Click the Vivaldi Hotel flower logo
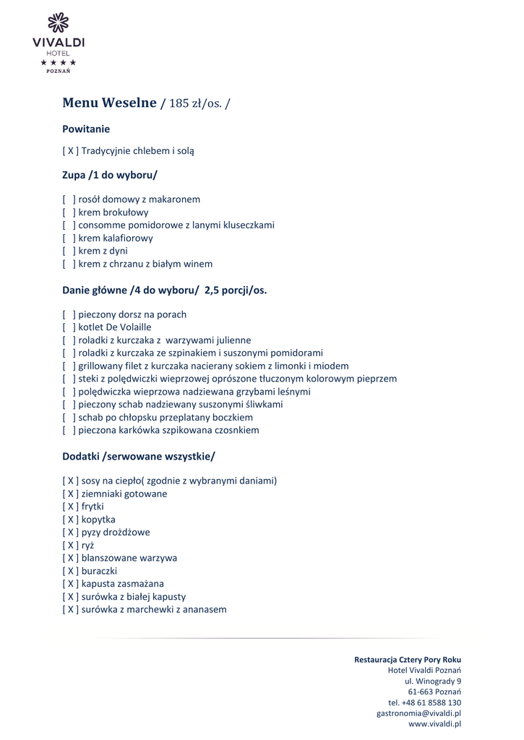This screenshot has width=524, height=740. pos(58,23)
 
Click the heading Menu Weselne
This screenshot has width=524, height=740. pos(109,103)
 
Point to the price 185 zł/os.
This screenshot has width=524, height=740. pos(194,103)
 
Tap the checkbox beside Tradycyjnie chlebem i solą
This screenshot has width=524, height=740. pos(70,151)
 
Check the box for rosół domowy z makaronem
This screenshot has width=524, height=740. pos(69,199)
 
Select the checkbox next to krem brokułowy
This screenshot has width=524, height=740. pos(69,212)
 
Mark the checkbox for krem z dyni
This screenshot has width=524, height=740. pos(69,251)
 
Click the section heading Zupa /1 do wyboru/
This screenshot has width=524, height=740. pos(109,175)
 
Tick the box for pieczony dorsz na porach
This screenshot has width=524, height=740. pos(69,314)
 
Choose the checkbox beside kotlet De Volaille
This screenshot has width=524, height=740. pos(69,327)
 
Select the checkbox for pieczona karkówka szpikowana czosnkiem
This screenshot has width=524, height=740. pos(69,430)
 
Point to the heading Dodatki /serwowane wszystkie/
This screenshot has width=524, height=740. pos(138,457)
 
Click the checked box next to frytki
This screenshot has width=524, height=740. pos(70,507)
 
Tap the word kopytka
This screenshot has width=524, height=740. pos(98,520)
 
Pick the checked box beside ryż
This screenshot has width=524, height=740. pos(70,546)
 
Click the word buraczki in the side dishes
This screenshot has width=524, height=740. pos(99,571)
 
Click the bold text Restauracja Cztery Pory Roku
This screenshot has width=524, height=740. pos(407,660)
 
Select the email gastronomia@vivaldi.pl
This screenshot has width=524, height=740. pos(418,713)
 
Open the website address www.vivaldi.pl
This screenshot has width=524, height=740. pos(434,723)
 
